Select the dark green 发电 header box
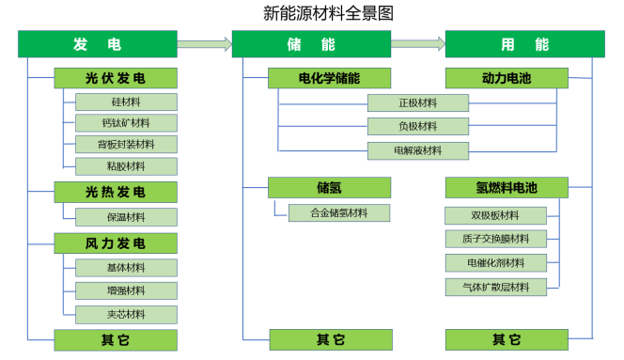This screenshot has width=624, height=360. [x=98, y=44]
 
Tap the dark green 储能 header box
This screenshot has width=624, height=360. [x=311, y=44]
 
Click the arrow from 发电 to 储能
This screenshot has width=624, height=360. [x=204, y=43]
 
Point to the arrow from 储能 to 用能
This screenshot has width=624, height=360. [x=418, y=43]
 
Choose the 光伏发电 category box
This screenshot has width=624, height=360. [x=116, y=78]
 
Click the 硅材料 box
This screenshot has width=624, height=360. [x=126, y=102]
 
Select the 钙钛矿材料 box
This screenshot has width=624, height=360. [x=126, y=123]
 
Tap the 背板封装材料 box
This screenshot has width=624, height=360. [x=126, y=145]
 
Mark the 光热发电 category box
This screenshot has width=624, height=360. [x=116, y=193]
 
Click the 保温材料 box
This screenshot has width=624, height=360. [x=126, y=217]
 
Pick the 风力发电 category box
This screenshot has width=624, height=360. [x=116, y=243]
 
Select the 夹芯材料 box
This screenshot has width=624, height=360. [x=126, y=314]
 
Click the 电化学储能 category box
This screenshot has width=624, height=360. [x=328, y=78]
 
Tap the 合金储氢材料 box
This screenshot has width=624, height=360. [x=339, y=213]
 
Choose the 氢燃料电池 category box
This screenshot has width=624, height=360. [x=506, y=188]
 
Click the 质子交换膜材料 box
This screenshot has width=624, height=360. [x=496, y=239]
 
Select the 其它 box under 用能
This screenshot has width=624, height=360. [x=506, y=339]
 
